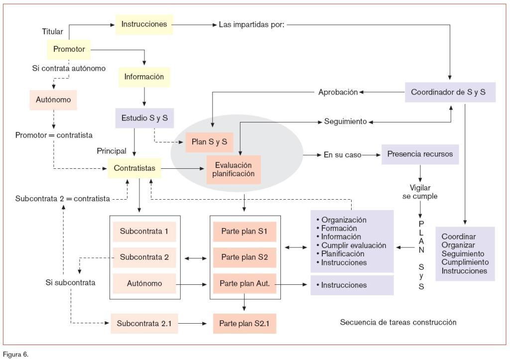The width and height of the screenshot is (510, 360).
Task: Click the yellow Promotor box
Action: tap(69, 49)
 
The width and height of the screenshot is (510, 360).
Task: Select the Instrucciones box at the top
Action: tap(144, 24)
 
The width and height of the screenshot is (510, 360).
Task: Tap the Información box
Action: tap(144, 77)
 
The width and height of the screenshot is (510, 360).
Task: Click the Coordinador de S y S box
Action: tap(448, 92)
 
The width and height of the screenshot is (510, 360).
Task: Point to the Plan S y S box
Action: tap(209, 142)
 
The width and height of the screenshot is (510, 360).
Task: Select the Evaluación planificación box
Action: tap(233, 169)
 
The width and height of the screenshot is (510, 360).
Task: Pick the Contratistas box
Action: tap(134, 168)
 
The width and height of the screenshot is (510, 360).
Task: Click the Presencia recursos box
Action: tap(420, 154)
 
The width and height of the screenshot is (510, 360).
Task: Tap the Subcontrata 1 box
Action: tap(144, 232)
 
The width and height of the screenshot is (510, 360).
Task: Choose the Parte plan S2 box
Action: tap(245, 257)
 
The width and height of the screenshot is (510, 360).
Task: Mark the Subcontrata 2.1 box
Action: tap(144, 323)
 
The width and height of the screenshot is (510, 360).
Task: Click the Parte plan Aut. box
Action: tap(245, 283)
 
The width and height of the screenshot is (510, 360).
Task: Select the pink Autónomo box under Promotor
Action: tap(53, 100)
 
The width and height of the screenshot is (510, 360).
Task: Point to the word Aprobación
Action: tap(338, 92)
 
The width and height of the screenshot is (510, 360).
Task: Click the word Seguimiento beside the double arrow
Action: tap(345, 121)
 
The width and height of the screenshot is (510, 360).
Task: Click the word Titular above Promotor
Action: tap(52, 32)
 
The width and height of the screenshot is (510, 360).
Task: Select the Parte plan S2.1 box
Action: tap(245, 323)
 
